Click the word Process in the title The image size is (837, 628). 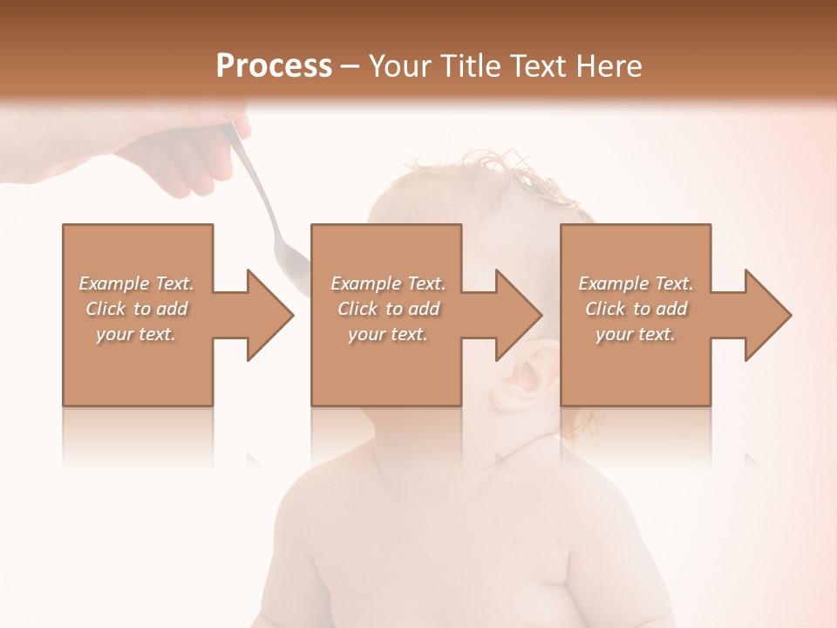tap(274, 66)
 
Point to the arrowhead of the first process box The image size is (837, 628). tap(270, 315)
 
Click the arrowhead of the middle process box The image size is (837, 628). tap(520, 315)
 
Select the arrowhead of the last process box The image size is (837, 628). tap(768, 315)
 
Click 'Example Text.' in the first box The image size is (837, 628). tap(136, 283)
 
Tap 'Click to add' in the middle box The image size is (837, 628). tap(388, 309)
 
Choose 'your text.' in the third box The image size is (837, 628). tap(635, 334)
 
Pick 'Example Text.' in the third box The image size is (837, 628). tap(635, 283)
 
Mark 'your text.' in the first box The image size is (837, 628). tap(136, 334)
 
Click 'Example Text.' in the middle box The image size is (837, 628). tap(388, 283)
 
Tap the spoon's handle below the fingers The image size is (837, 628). tap(253, 188)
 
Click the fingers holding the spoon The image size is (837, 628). tap(187, 170)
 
